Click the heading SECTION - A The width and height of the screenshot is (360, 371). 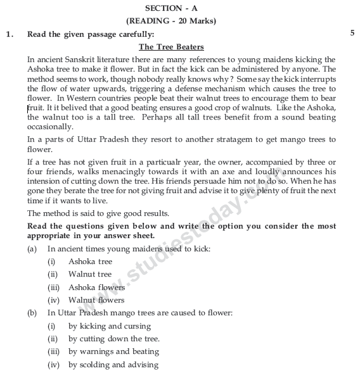(180, 8)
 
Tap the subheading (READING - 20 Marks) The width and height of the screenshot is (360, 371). (180, 21)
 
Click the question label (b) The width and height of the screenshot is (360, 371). (32, 313)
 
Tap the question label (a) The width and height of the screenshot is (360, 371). (32, 249)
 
